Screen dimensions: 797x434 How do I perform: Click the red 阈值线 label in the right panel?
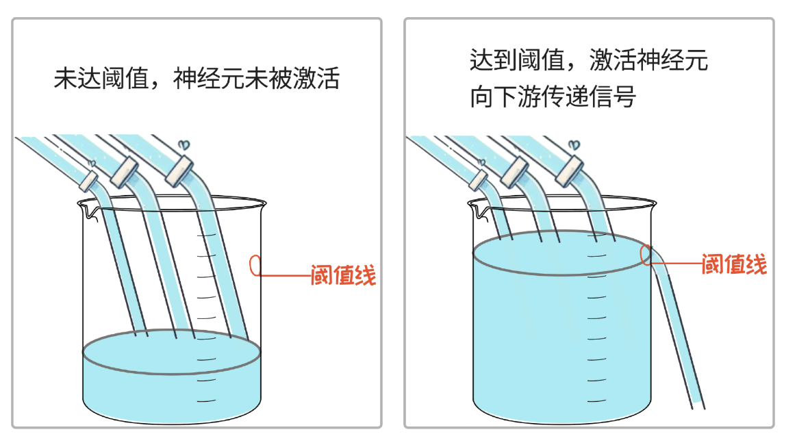tap(734, 264)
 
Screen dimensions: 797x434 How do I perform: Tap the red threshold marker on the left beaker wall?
tap(255, 266)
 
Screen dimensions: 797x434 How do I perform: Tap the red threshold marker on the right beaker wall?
tap(646, 254)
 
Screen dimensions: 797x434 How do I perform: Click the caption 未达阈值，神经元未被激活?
tap(197, 79)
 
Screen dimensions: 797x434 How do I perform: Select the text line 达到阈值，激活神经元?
tap(588, 62)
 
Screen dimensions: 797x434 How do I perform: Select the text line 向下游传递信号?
tap(553, 97)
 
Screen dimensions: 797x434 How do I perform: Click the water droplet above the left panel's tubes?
tap(183, 145)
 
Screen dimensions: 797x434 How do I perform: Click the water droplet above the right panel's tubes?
tap(574, 145)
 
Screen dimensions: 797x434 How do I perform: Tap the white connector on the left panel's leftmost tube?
tap(89, 180)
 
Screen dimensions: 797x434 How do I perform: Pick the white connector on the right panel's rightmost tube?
tap(570, 171)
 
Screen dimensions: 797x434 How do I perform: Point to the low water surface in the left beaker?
tap(171, 351)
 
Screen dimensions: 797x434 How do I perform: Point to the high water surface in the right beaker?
tap(561, 252)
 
